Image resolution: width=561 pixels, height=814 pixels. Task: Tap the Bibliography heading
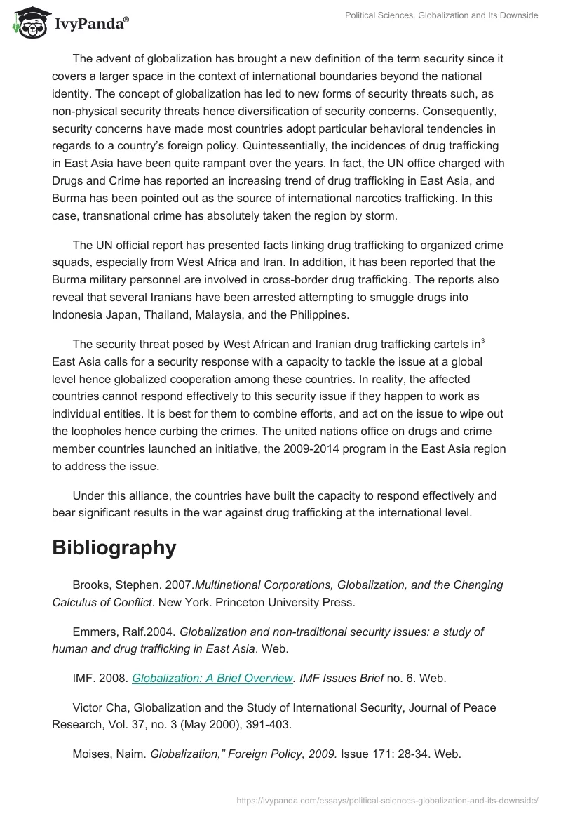click(x=114, y=547)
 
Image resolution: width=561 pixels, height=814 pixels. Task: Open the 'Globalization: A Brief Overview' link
click(x=212, y=678)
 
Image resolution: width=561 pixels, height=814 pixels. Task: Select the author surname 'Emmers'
click(x=95, y=632)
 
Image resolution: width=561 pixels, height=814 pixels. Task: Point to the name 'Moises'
click(x=93, y=754)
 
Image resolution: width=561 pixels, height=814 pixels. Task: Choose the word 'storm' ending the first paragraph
click(x=379, y=215)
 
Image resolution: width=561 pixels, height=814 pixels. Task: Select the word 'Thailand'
click(x=168, y=314)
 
